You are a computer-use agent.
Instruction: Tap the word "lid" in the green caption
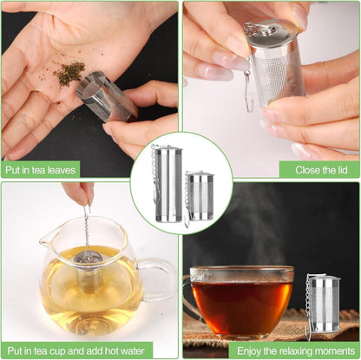coord(341,170)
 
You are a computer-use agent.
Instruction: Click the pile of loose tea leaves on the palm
coord(69,72)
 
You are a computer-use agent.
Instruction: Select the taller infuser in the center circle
coord(167,184)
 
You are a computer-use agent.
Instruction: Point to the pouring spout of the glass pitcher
coord(47,236)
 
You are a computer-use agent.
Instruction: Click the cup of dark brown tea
coord(240,301)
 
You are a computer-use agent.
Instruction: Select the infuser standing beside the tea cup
coord(324,305)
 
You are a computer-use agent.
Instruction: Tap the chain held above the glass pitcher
coord(87,228)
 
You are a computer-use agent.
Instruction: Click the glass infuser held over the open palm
coord(107,96)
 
